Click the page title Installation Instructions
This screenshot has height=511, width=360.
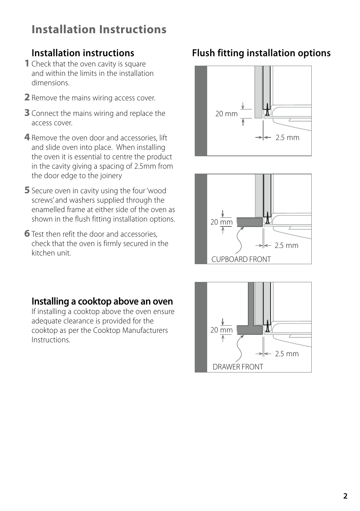pos(99,29)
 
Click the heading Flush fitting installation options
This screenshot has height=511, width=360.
pos(261,53)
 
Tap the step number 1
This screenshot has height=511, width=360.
pos(27,63)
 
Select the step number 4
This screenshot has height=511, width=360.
pos(27,137)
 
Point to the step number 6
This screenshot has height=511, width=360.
pos(27,234)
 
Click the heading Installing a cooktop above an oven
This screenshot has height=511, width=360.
pos(102,301)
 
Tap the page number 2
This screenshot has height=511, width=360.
pos(345,496)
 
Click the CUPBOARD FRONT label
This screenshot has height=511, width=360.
pos(241,259)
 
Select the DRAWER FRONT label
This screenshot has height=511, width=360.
pos(238,367)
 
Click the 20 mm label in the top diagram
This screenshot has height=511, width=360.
pos(226,114)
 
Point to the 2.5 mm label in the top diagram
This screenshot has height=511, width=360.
pos(287,138)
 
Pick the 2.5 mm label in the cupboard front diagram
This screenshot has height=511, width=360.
pos(286,246)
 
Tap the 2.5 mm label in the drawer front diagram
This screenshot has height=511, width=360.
pos(287,354)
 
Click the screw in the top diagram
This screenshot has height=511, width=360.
pos(267,110)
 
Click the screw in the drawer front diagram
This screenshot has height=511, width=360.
pos(267,326)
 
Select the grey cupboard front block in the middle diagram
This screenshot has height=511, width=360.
pos(249,222)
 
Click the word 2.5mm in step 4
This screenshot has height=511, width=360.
pos(145,166)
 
